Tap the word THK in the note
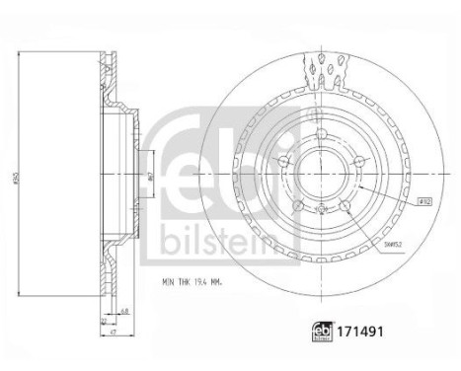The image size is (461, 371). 185,283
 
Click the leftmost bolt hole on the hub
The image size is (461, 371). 283,162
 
